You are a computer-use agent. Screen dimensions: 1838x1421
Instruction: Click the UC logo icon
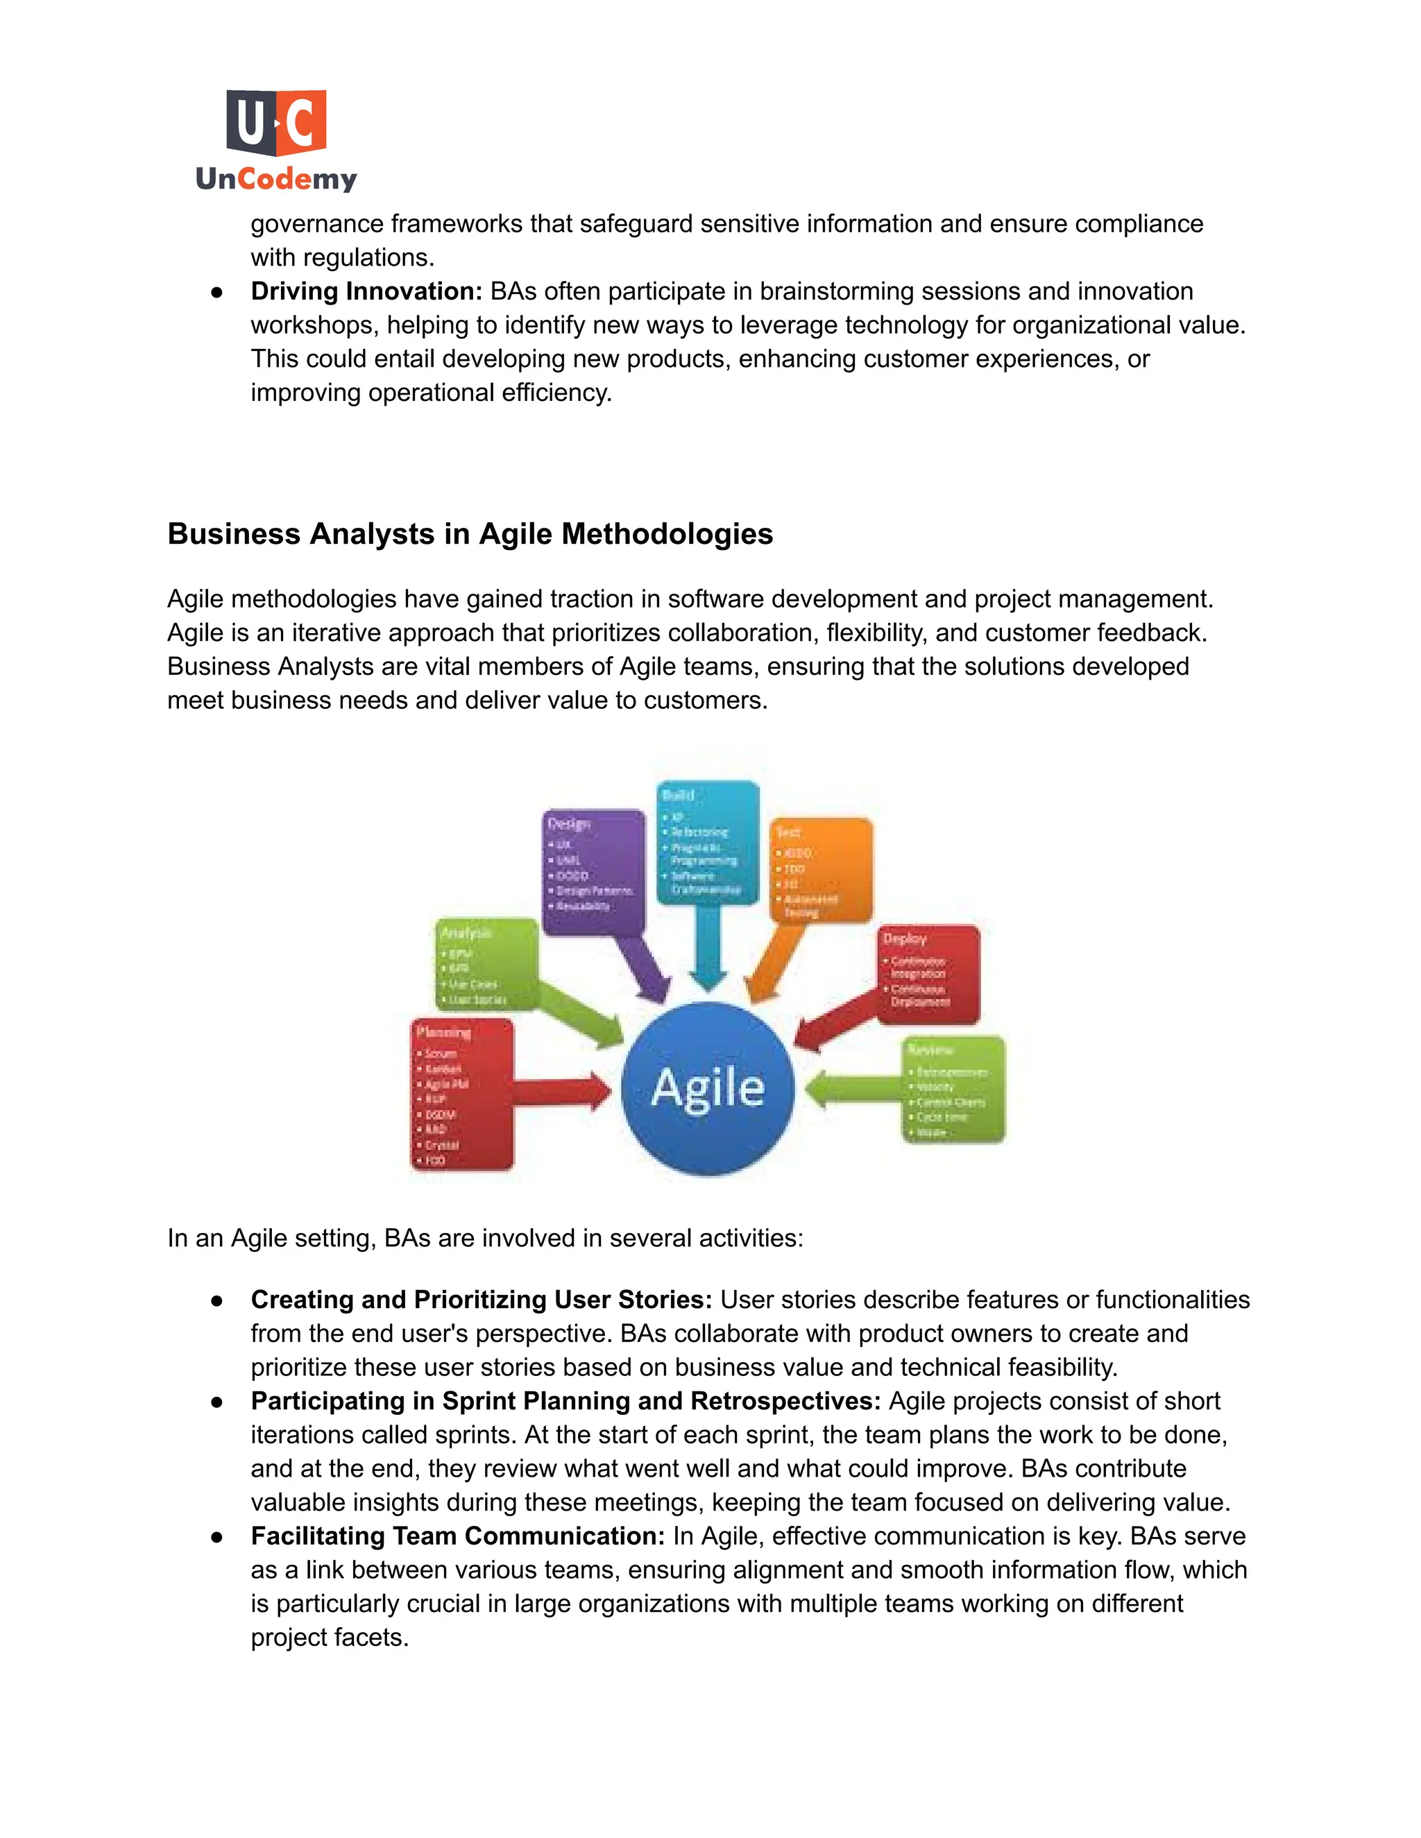276,123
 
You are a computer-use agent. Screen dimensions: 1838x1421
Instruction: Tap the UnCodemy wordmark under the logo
276,179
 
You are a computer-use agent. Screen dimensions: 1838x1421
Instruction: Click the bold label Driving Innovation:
366,291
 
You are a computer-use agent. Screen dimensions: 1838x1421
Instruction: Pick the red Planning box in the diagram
462,1094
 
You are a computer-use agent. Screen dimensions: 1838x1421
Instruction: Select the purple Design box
593,871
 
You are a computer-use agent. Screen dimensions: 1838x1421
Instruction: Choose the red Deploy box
928,974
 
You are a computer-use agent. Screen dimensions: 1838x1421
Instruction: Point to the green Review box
955,1090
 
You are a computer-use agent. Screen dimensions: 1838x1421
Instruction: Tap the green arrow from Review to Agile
852,1090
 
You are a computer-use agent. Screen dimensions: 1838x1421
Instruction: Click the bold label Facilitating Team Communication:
458,1536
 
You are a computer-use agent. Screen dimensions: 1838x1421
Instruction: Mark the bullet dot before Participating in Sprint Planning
217,1402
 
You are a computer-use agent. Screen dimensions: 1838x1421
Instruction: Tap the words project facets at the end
329,1637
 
